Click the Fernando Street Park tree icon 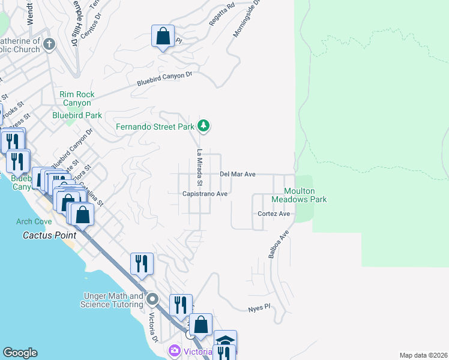205,126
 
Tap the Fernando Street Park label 155,127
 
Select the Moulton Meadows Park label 299,195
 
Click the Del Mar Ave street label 238,174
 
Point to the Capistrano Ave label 205,194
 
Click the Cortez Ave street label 274,214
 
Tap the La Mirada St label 199,167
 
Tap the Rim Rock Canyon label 75,99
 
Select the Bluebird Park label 77,115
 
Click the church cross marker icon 49,44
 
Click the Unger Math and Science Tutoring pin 153,299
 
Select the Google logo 20,353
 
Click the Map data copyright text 423,355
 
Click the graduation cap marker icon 225,341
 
